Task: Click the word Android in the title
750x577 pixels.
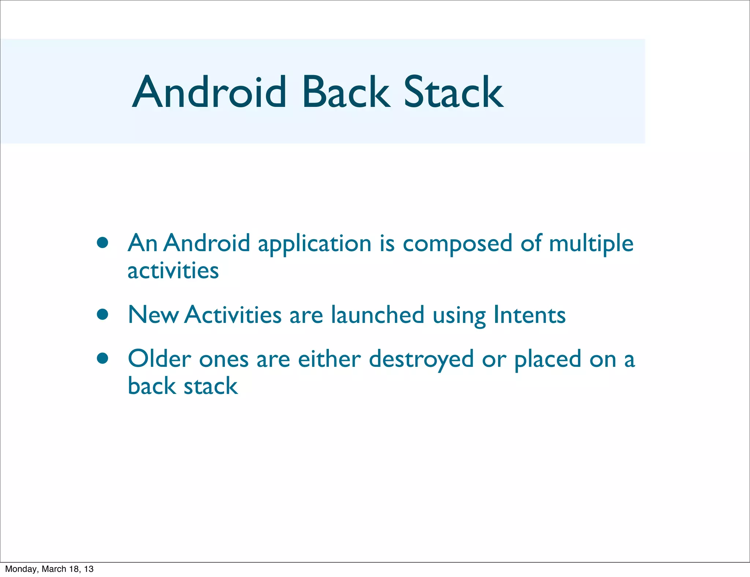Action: [209, 92]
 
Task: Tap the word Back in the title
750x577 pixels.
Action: [346, 92]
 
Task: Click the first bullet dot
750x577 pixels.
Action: [103, 243]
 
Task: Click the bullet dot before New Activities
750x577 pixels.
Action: [103, 314]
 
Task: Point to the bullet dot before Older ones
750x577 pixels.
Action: [103, 358]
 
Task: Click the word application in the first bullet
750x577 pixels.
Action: [315, 244]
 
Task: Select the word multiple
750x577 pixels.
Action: [591, 244]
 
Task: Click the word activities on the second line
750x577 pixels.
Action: [173, 271]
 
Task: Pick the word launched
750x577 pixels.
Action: [378, 315]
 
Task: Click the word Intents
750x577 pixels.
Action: [529, 315]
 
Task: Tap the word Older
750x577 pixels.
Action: [159, 359]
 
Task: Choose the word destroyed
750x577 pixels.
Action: [421, 360]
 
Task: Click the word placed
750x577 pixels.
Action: [547, 360]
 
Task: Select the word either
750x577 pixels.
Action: [329, 359]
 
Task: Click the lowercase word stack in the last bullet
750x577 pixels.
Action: [211, 386]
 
